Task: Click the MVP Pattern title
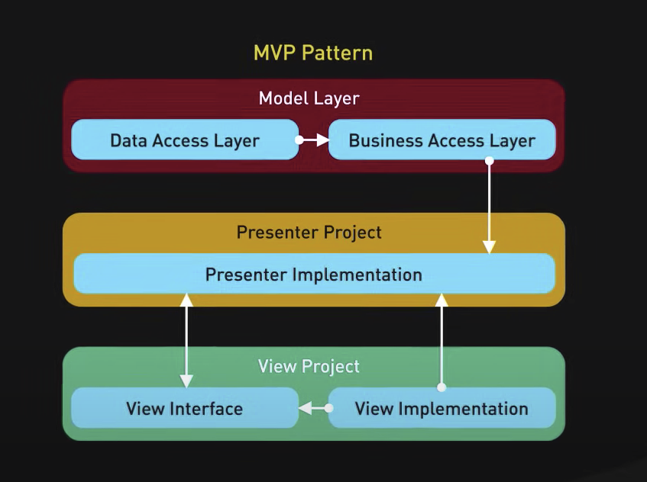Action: [x=313, y=53]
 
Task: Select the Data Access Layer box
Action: [x=185, y=140]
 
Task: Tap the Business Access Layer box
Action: [x=442, y=140]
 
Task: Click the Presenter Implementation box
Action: [x=313, y=274]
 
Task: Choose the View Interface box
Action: [x=184, y=408]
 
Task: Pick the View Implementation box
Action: [x=442, y=408]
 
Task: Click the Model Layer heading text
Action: [x=309, y=98]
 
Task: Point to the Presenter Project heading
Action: [x=309, y=232]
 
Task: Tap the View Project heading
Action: [x=309, y=366]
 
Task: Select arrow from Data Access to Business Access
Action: [x=313, y=140]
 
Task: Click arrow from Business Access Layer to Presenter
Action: [x=489, y=206]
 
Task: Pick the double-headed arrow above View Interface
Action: [x=186, y=340]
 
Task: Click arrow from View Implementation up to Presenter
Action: [x=441, y=340]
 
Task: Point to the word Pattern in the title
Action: [x=337, y=53]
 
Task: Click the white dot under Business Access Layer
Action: [x=489, y=161]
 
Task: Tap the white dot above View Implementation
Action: [x=441, y=387]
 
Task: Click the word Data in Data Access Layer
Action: [x=128, y=140]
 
